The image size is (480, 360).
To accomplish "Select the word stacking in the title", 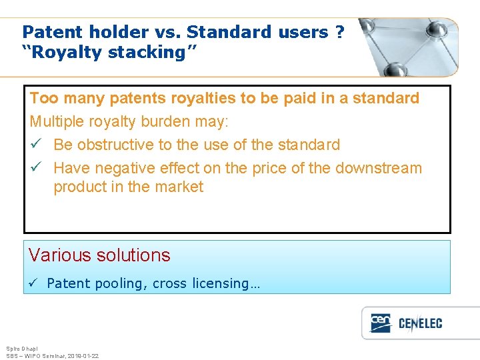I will [x=151, y=53].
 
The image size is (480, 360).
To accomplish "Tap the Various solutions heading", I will [x=100, y=255].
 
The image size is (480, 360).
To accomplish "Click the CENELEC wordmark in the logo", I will [x=420, y=324].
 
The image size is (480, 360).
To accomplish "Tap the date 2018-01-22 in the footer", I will [x=83, y=356].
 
